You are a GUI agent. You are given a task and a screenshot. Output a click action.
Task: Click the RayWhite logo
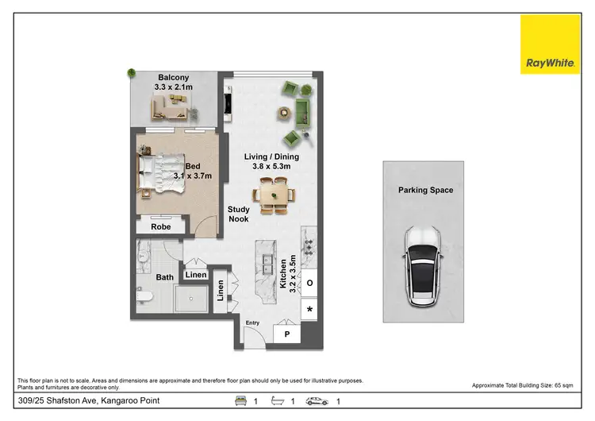coord(550,44)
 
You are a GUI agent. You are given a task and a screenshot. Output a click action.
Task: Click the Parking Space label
coord(426,191)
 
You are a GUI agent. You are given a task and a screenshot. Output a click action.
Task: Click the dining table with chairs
coord(274,194)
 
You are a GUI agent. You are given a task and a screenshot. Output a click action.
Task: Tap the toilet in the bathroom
coord(144,295)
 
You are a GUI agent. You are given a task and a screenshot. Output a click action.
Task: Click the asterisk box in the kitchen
coord(309,308)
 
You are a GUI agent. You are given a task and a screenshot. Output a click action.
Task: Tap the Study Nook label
coord(239,214)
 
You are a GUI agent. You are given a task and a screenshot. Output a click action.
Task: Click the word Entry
coord(252,323)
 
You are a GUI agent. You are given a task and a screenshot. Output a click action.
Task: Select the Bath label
coord(164,277)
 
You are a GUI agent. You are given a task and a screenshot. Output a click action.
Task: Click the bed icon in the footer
coord(239,401)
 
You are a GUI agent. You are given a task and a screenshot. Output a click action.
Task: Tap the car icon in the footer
coord(317,401)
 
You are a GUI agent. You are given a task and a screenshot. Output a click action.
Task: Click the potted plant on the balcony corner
coord(129,74)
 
